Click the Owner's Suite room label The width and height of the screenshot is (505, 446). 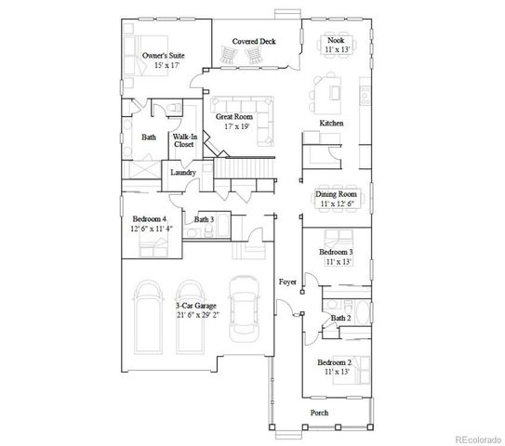[x=163, y=57]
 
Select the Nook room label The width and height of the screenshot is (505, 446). [x=338, y=41]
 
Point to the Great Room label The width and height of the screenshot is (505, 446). [x=234, y=117]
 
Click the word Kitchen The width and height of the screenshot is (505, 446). [x=333, y=123]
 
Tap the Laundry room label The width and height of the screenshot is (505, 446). [x=181, y=173]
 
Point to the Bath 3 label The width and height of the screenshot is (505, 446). [x=205, y=219]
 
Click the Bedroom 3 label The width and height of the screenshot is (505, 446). [x=338, y=252]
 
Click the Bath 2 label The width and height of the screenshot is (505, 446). [x=340, y=319]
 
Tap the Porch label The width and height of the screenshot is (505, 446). [x=319, y=413]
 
